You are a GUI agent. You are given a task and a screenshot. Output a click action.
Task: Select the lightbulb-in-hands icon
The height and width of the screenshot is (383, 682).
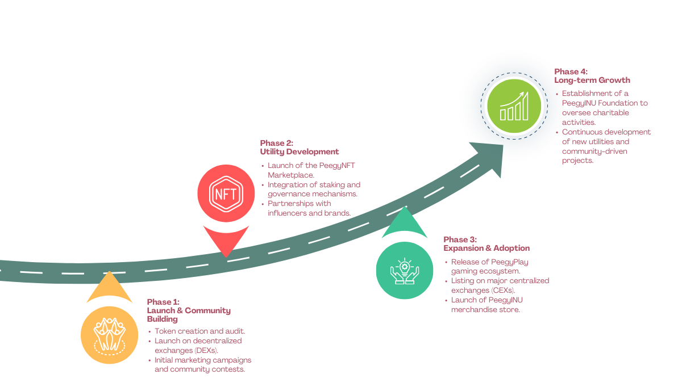click(x=405, y=270)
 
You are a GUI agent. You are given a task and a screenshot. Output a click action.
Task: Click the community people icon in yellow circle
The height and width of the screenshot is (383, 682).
click(x=109, y=334)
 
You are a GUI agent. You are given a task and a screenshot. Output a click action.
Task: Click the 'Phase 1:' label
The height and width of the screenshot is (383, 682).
click(x=163, y=302)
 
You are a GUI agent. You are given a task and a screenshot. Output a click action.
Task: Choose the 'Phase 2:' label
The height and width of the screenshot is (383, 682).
click(x=276, y=143)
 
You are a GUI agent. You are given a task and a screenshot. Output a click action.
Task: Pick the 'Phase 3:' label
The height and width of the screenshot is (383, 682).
click(x=460, y=239)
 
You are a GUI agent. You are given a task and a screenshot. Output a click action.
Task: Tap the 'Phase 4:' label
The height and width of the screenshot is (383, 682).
click(x=571, y=71)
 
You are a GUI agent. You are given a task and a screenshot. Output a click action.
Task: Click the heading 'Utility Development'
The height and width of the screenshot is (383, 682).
click(x=300, y=152)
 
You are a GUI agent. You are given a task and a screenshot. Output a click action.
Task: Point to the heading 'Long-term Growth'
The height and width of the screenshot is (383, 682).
click(x=592, y=81)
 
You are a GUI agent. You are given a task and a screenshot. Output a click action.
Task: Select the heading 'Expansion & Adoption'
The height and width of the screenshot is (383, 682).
click(x=486, y=249)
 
